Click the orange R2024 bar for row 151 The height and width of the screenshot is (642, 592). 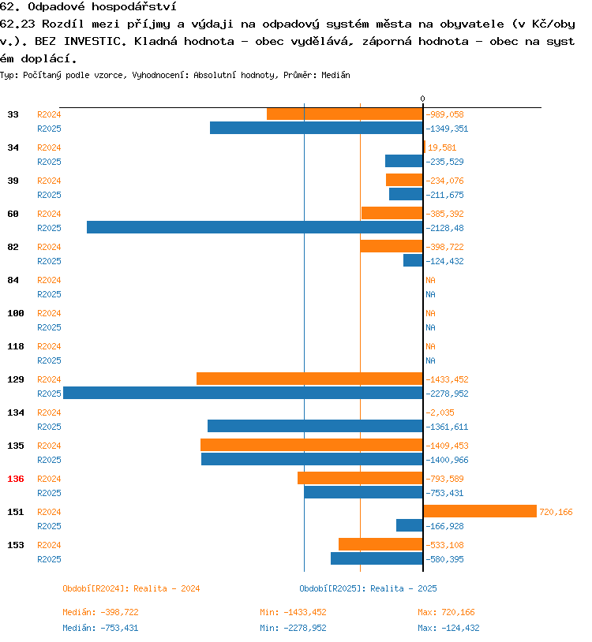point(480,511)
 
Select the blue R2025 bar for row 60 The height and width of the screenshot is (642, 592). point(254,227)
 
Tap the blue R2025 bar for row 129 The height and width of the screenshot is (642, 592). point(242,393)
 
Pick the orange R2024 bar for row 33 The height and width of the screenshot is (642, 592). point(344,114)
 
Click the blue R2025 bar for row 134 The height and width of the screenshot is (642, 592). point(315,426)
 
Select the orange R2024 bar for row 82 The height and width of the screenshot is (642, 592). point(392,246)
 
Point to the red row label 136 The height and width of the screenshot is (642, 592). point(16,479)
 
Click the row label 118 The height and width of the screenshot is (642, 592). point(16,346)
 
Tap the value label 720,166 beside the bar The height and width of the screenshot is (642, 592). point(556,512)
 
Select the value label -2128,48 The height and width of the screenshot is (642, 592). point(447,228)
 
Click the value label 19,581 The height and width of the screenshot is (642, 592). point(442,147)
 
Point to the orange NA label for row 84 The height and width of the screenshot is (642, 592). point(430,280)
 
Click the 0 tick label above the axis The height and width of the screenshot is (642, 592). point(422,99)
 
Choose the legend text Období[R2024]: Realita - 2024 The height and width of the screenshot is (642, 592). point(131,588)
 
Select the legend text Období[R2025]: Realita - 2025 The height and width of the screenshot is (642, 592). point(368,588)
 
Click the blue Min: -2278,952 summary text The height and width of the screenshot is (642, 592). point(293,628)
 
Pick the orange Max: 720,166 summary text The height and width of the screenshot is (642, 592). point(446,612)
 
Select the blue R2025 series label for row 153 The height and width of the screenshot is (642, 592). point(49,559)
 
